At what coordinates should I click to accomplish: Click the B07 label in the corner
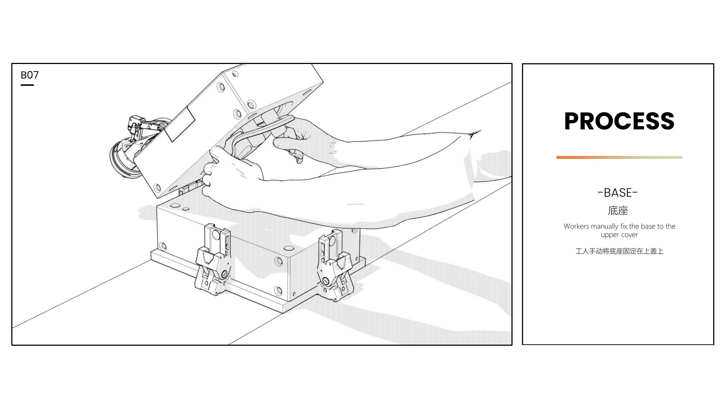coord(29,75)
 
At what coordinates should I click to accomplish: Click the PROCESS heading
coord(619,121)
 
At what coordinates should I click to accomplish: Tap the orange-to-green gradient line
coord(619,157)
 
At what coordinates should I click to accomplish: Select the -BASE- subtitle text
coord(618,192)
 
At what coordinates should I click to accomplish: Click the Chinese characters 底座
coord(618,210)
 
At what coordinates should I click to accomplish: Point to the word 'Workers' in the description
coord(576,226)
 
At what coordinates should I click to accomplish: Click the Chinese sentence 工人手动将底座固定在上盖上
coord(619,251)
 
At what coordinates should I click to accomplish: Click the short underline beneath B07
coord(27,85)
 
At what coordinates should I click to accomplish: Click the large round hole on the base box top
coord(175,205)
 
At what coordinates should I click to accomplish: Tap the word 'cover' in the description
coord(628,235)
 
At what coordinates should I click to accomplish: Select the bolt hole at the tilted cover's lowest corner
coord(157,188)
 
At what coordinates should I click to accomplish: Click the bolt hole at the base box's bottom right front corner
coord(278,290)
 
